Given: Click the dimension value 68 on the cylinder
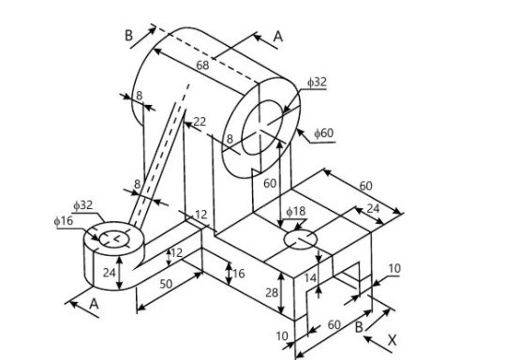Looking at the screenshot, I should point(203,65).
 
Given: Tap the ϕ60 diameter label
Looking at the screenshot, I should point(323,133).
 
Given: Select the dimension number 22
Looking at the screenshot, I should point(199,122).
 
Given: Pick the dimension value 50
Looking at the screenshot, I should point(167,282).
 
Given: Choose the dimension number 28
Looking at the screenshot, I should point(270,294).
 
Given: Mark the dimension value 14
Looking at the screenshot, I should point(311,277).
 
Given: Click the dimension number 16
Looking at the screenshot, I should point(238,274).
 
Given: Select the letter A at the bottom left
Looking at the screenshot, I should point(93,305).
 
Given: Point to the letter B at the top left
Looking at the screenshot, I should point(129,35).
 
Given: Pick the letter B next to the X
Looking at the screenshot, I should point(359,326).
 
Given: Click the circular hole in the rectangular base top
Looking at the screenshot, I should point(301,241).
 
